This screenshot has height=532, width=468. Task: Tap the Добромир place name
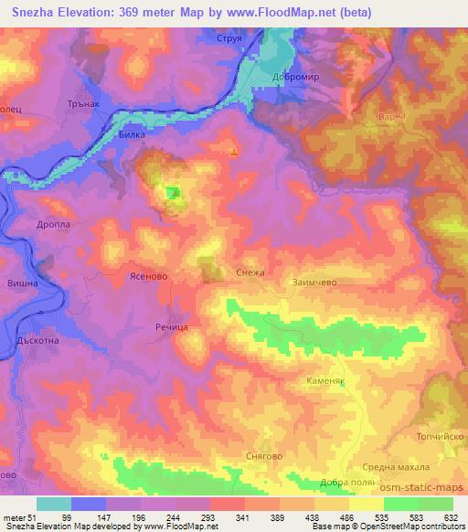(294, 77)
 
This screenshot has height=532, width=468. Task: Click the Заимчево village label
(316, 283)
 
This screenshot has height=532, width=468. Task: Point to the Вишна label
(22, 284)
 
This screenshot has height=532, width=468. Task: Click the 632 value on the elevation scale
(450, 518)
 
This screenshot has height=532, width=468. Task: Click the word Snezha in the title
(35, 11)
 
